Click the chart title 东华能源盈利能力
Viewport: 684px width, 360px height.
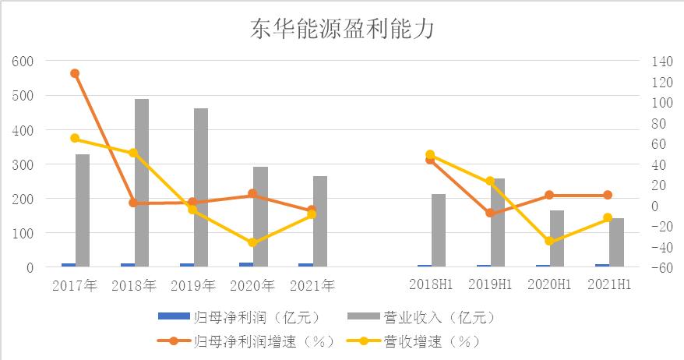tap(341, 30)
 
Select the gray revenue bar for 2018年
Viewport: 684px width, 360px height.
tap(142, 183)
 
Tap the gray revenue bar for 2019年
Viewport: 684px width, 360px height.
tap(201, 188)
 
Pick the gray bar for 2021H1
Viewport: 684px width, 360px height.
tap(617, 242)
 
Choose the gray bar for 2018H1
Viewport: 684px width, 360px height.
tap(439, 230)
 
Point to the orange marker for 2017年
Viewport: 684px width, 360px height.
tap(75, 73)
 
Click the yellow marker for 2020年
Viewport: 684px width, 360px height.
tap(252, 243)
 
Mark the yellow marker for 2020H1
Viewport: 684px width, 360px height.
tap(549, 241)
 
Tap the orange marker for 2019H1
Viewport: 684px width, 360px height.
tap(490, 213)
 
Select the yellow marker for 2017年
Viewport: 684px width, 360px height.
tap(75, 138)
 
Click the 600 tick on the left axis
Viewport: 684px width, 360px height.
tap(25, 62)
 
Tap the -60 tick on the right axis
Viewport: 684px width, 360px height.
tap(651, 267)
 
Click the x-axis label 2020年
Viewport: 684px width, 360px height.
tap(252, 285)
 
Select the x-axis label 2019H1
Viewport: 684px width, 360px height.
tap(490, 285)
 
